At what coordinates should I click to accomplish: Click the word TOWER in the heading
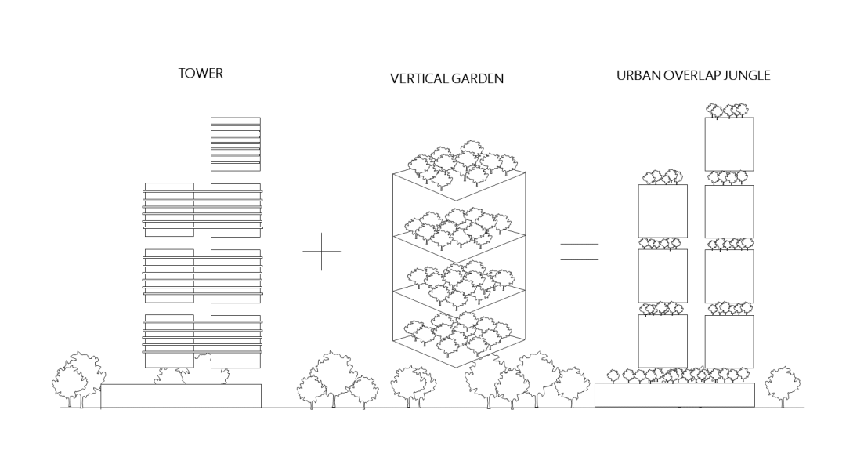pyautogui.click(x=201, y=74)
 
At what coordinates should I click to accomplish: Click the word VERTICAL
pyautogui.click(x=419, y=79)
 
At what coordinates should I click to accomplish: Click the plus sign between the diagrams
pyautogui.click(x=321, y=251)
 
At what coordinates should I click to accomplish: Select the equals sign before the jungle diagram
pyautogui.click(x=579, y=252)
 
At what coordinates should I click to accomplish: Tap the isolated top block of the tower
pyautogui.click(x=236, y=143)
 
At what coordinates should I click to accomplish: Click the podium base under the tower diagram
pyautogui.click(x=181, y=396)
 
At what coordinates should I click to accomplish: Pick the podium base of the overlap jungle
pyautogui.click(x=674, y=395)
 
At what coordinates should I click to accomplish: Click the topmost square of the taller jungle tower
pyautogui.click(x=729, y=143)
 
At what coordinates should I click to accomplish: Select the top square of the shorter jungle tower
pyautogui.click(x=663, y=211)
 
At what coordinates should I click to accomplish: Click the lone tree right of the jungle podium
pyautogui.click(x=783, y=384)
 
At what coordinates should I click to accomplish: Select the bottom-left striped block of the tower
pyautogui.click(x=168, y=341)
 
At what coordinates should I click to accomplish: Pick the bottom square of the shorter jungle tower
pyautogui.click(x=663, y=341)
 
